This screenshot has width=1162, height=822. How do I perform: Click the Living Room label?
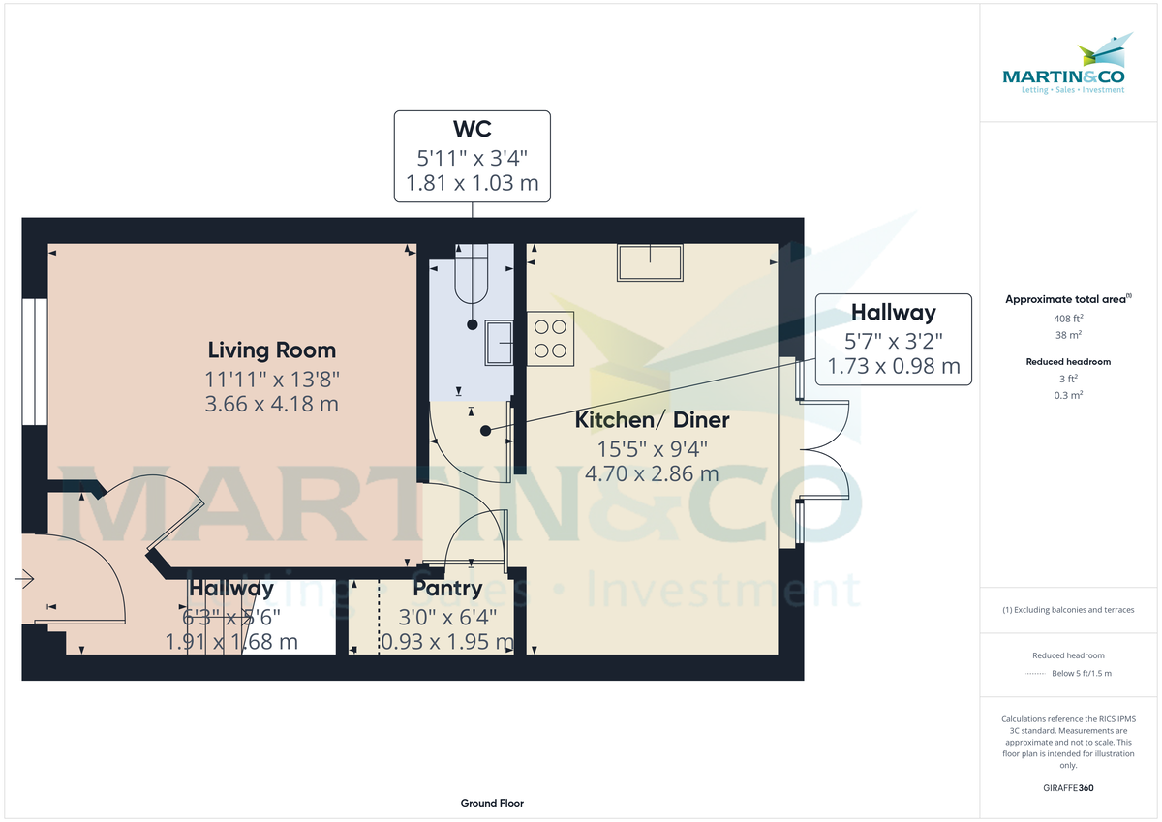point(272,350)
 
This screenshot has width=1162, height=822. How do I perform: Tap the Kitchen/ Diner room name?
point(652,420)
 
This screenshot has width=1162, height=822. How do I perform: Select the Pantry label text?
point(446,588)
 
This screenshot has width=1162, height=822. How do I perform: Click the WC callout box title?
point(472,129)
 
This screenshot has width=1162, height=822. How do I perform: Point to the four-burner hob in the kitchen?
point(550,338)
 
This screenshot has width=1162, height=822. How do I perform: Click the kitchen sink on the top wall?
point(650,262)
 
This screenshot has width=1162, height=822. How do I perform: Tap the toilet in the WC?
point(472,276)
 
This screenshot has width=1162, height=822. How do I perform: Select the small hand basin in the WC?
point(501,342)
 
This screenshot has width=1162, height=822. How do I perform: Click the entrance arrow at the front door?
point(24,580)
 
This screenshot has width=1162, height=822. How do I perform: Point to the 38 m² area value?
point(1068,335)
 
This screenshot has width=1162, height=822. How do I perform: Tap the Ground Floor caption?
point(492,803)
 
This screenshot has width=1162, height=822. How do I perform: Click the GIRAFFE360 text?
point(1068,788)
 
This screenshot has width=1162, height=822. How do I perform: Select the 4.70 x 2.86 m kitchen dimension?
point(652,474)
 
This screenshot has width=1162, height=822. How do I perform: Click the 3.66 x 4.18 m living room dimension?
point(272,404)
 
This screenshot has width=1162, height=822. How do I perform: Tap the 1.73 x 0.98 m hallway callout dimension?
point(893,366)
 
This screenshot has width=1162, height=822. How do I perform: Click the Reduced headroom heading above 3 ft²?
point(1068,362)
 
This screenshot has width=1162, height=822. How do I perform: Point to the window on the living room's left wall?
point(35,362)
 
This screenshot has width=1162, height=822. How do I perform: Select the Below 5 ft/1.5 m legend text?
point(1081,673)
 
